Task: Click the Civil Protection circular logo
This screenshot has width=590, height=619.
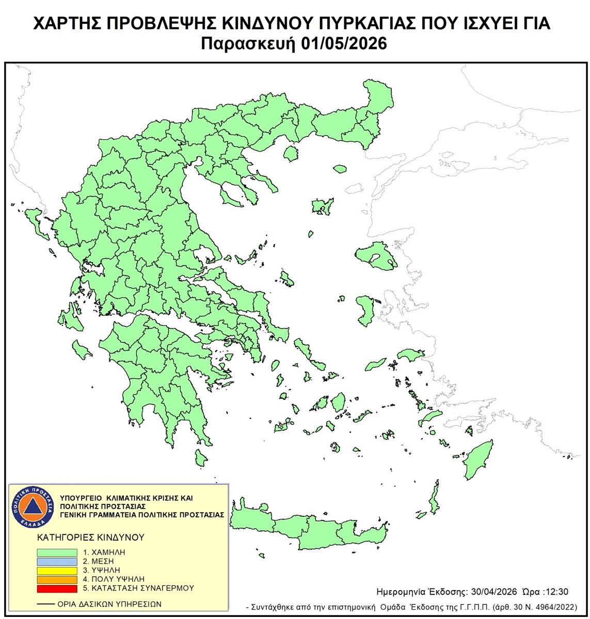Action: (34, 506)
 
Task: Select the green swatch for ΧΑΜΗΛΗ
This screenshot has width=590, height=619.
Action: (57, 552)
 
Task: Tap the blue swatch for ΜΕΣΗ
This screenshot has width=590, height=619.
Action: (57, 561)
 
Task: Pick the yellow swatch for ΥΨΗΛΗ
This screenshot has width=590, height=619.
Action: (57, 570)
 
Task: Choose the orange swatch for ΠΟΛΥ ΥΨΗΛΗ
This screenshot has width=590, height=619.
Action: (57, 579)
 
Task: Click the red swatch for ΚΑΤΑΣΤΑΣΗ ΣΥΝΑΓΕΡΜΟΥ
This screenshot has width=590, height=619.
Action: (57, 588)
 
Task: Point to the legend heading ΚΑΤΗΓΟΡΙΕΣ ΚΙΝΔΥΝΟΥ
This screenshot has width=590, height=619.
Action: (91, 537)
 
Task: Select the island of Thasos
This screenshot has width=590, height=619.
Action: (291, 153)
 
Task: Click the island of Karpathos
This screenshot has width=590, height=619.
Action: (434, 497)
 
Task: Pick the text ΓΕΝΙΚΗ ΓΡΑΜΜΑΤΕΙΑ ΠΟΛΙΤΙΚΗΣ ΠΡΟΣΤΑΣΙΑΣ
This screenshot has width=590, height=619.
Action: (142, 515)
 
